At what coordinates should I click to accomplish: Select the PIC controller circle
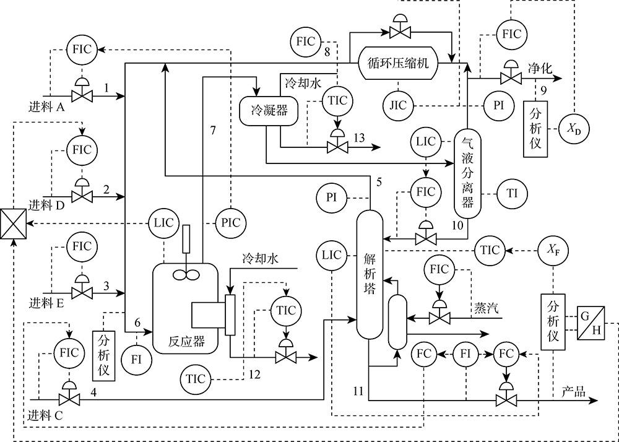point(231,223)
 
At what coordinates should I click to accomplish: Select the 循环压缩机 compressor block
point(398,63)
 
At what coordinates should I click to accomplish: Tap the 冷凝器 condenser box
point(269,111)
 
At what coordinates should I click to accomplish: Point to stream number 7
point(213,130)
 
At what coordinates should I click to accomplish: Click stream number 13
point(359,138)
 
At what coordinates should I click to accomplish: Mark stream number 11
point(358,391)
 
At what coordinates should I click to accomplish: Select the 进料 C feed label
point(46,415)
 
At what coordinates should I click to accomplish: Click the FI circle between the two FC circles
point(466,353)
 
